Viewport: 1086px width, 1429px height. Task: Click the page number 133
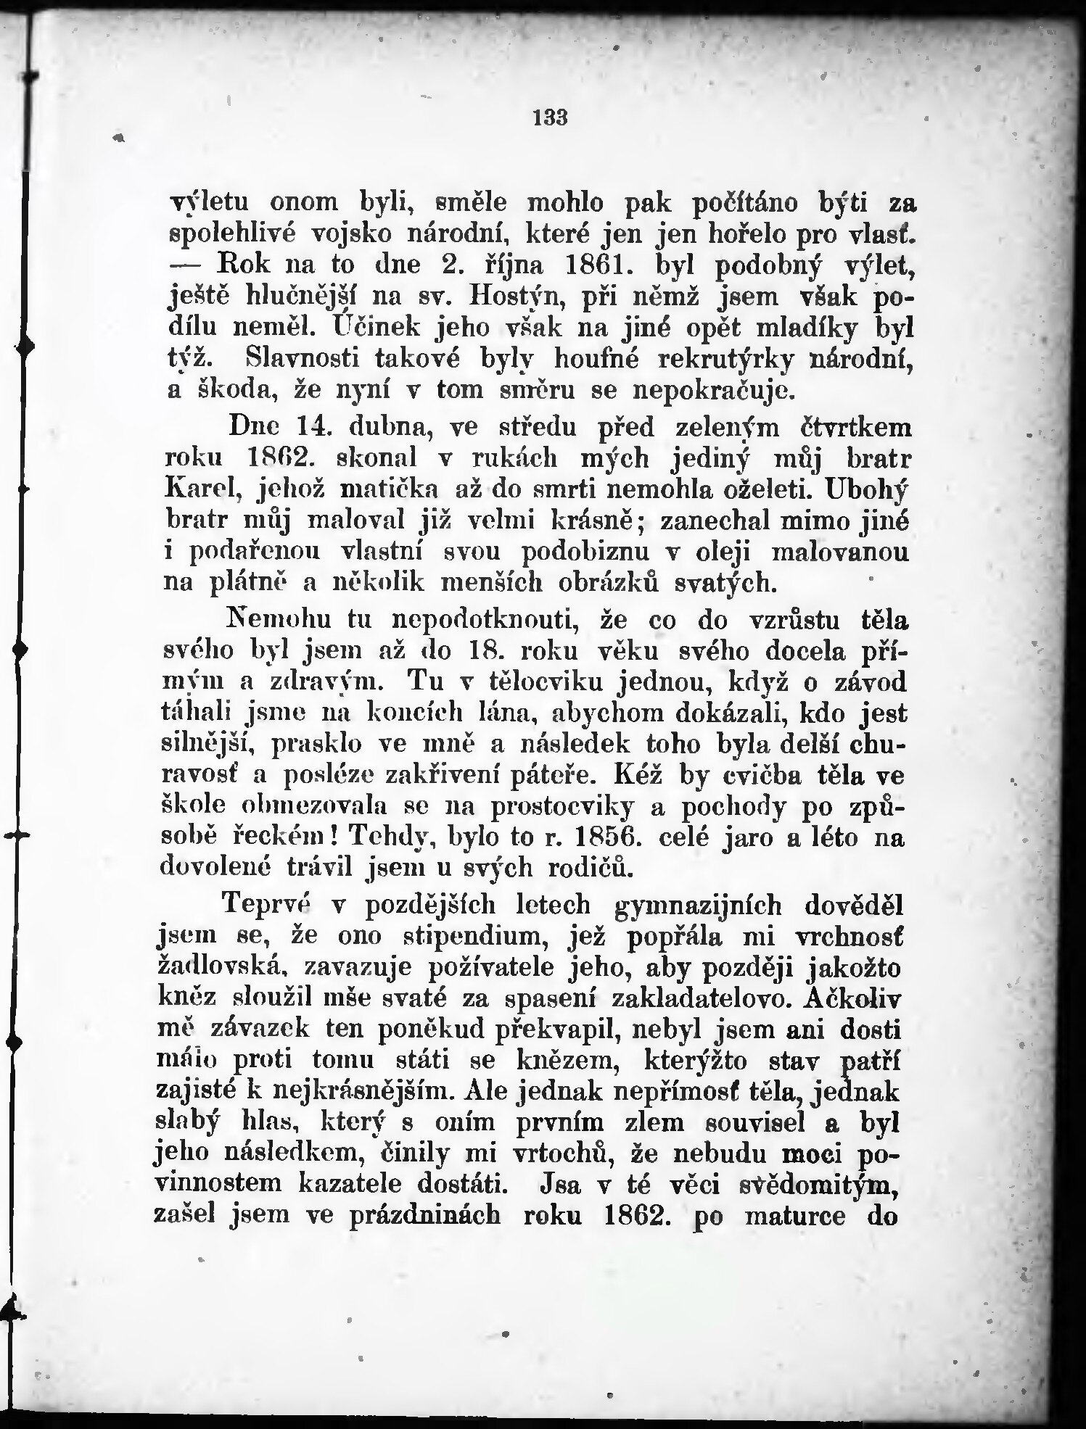click(x=549, y=117)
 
